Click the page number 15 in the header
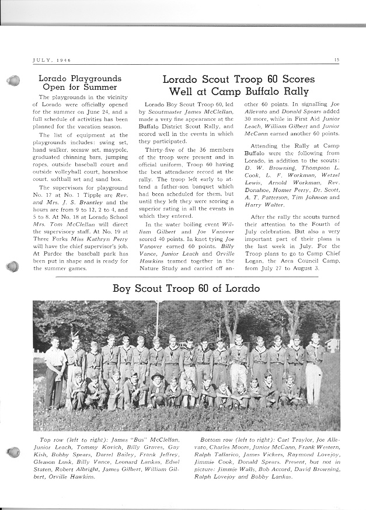click(x=337, y=60)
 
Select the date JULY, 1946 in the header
click(x=51, y=60)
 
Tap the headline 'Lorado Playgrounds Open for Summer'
click(x=79, y=83)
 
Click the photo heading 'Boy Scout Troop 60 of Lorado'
click(x=186, y=289)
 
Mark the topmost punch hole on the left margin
click(x=12, y=82)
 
